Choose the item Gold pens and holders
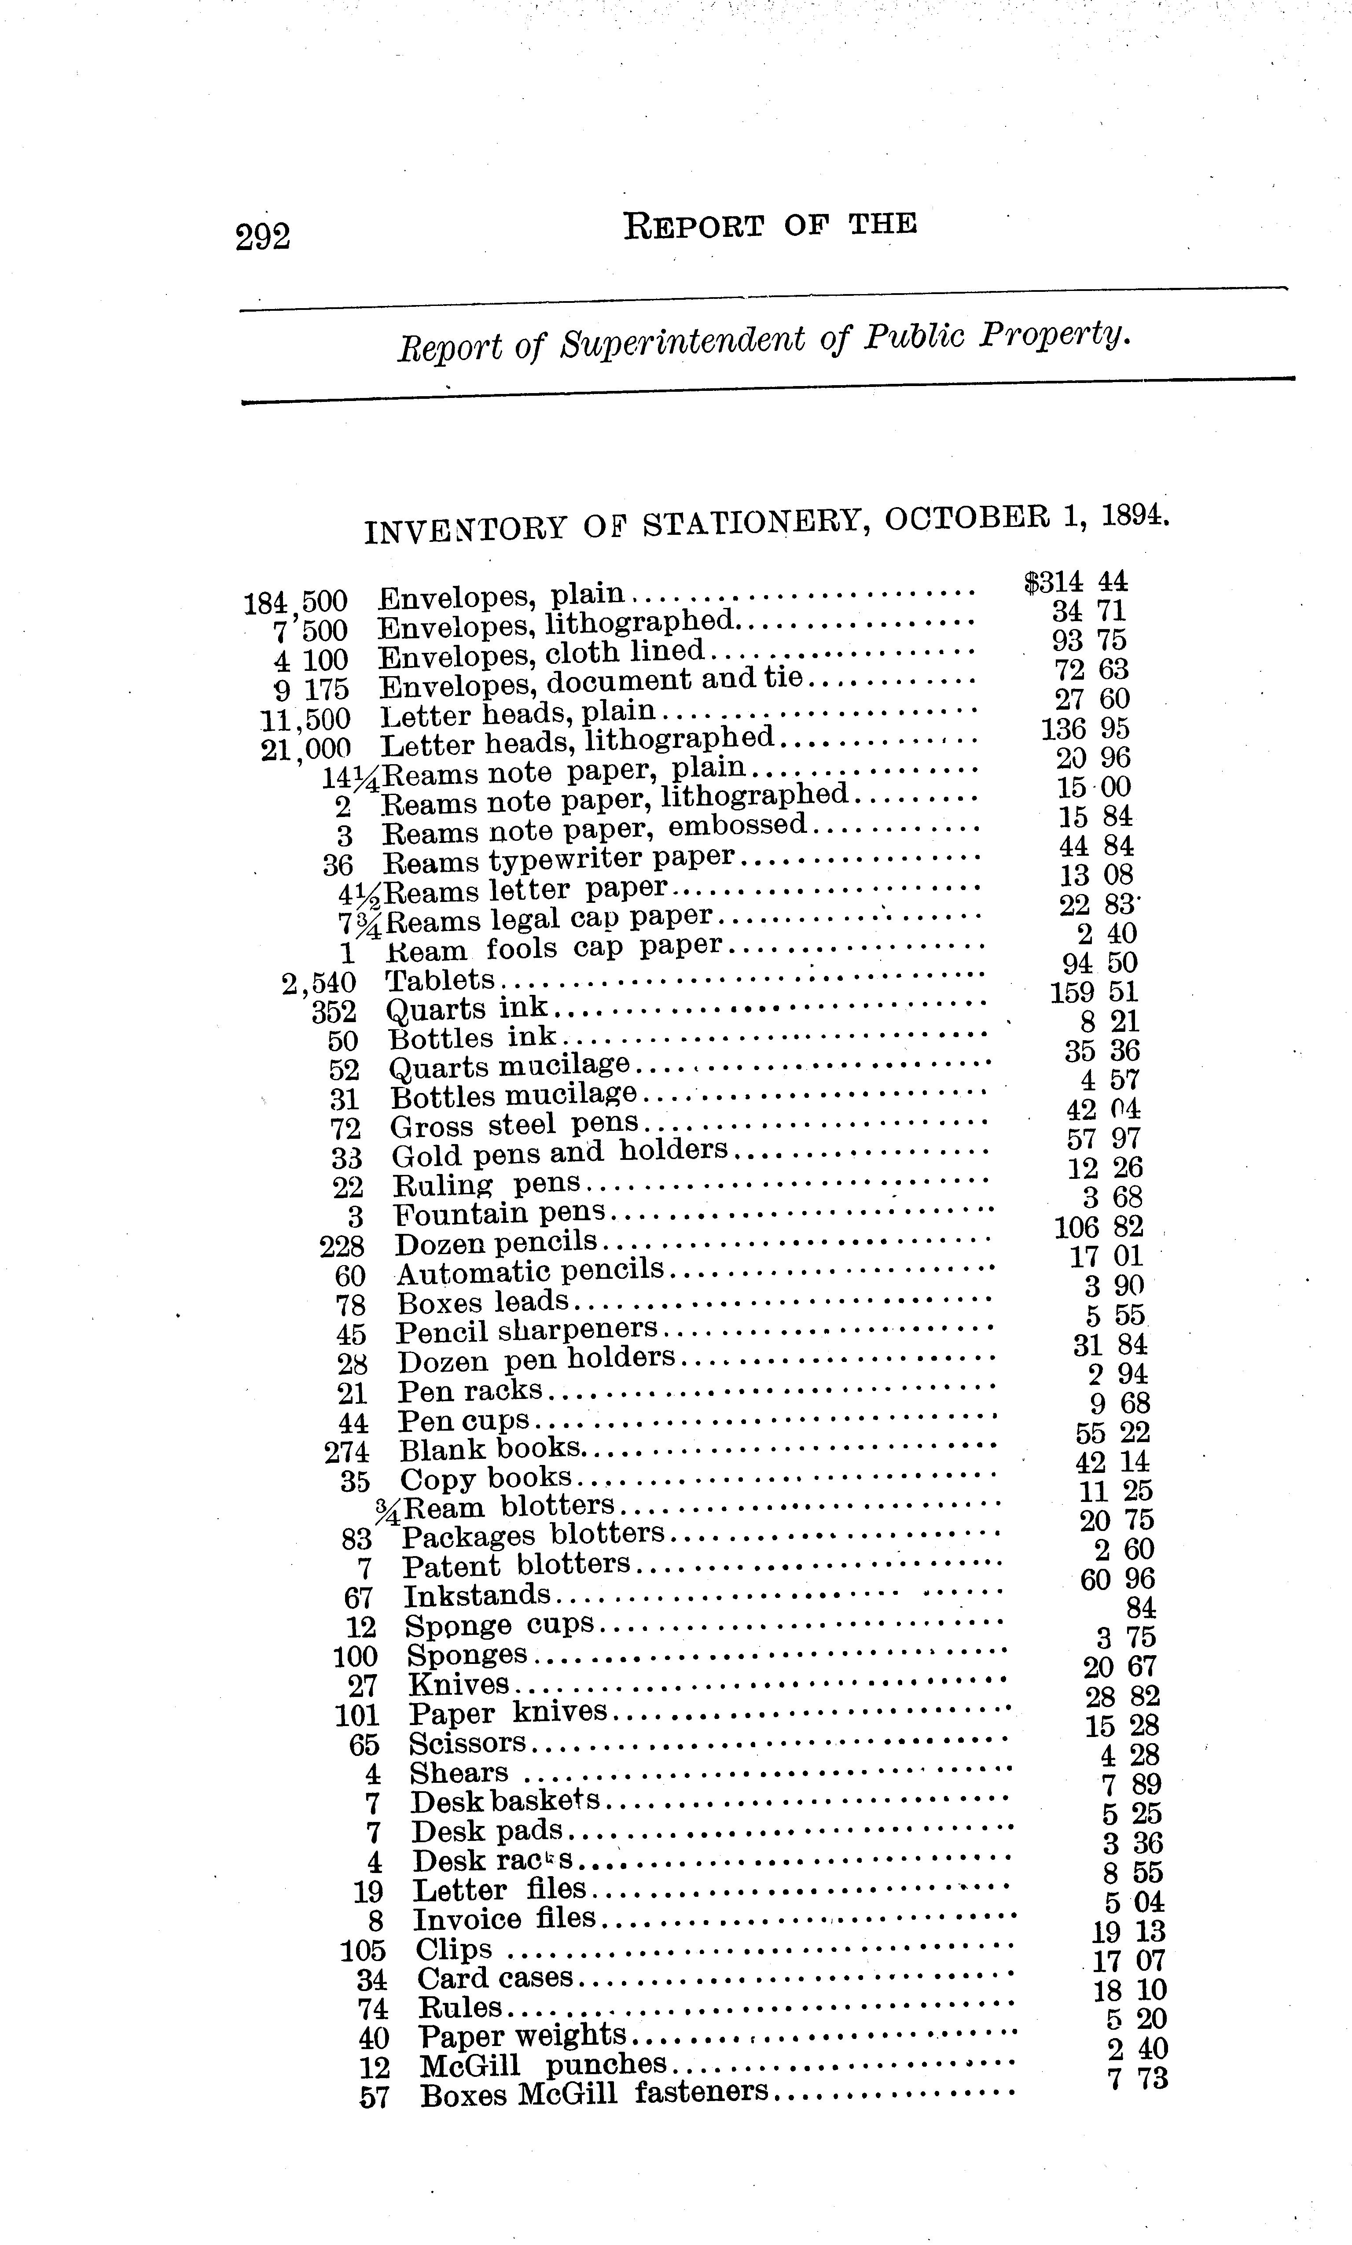coord(559,1152)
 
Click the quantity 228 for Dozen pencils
coord(342,1245)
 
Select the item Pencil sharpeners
coord(527,1331)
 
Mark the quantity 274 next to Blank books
coord(347,1451)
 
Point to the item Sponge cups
coord(499,1624)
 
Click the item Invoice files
coord(504,1919)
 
